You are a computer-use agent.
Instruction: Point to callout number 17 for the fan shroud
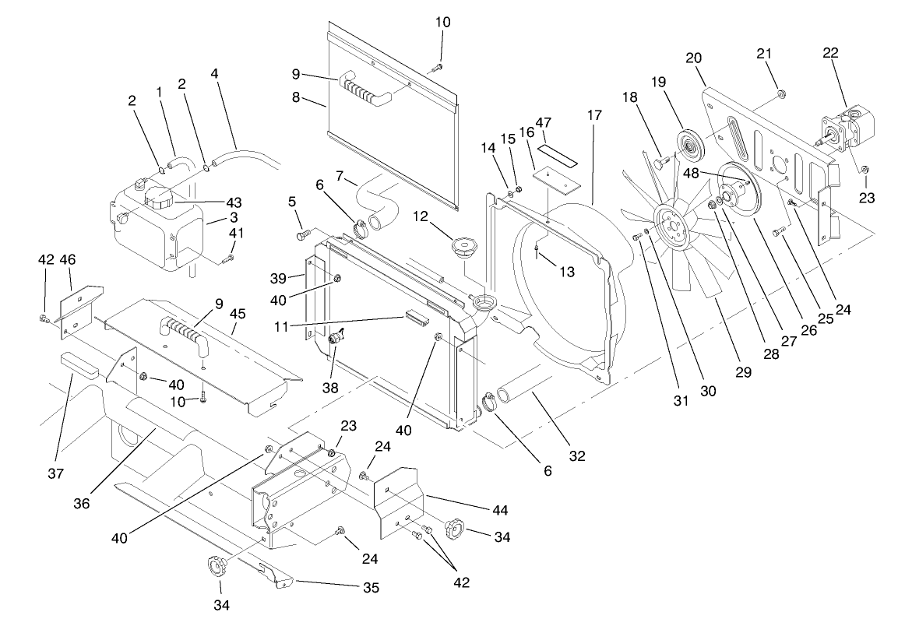[x=594, y=115]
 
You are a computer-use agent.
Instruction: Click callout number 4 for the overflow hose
[x=215, y=75]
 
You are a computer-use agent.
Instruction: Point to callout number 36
[x=82, y=504]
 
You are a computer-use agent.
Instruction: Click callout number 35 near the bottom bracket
[x=371, y=588]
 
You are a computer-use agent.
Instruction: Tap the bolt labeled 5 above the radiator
[x=304, y=231]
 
